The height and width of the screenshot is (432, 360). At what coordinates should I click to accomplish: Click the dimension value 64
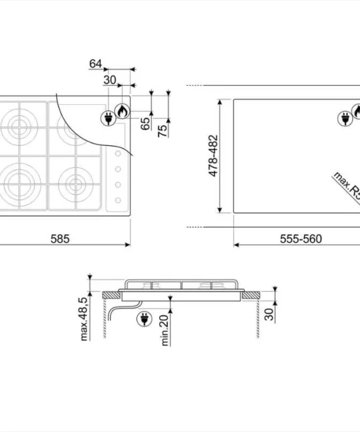click(x=95, y=64)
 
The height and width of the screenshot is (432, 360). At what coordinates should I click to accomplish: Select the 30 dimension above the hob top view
click(x=110, y=80)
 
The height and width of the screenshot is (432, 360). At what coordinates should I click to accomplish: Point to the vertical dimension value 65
click(x=145, y=123)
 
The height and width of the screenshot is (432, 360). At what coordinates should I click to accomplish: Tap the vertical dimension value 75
click(x=162, y=131)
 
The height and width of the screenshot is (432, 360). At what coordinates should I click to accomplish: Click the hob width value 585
click(x=60, y=239)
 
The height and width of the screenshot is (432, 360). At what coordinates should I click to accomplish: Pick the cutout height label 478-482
click(x=213, y=155)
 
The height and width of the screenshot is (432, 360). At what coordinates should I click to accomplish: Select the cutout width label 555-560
click(x=301, y=239)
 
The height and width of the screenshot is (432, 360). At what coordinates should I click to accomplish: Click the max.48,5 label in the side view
click(x=84, y=319)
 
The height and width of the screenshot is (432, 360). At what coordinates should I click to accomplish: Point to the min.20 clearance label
click(x=164, y=330)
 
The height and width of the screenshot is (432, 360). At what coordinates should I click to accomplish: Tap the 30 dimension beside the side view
click(x=269, y=315)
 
